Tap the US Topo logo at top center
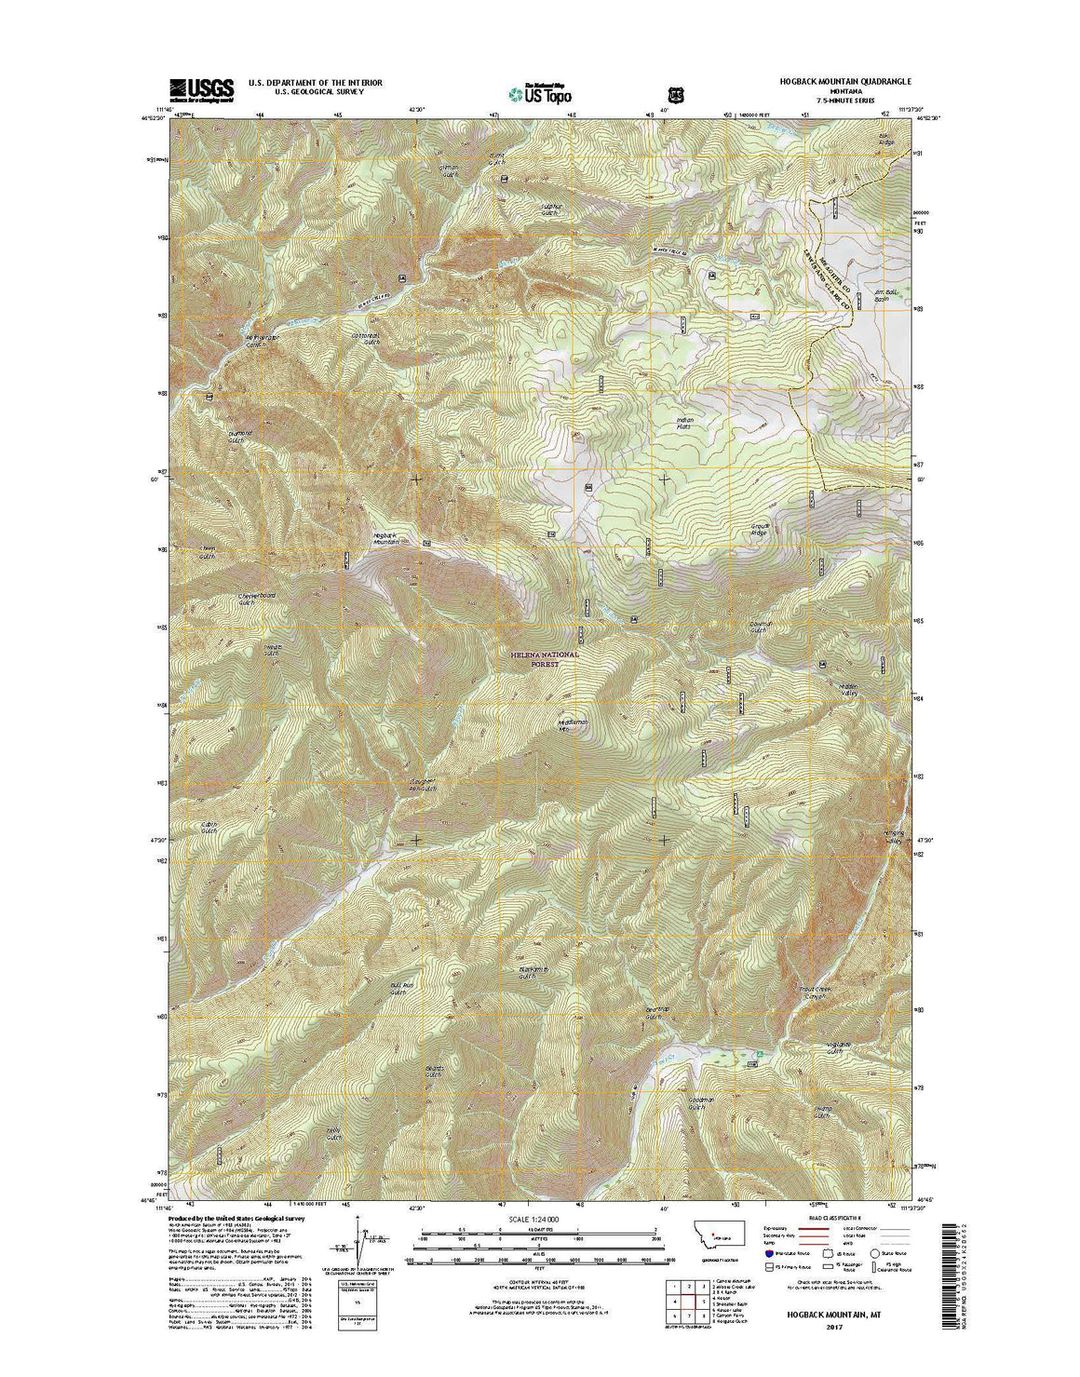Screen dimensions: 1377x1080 pyautogui.click(x=540, y=92)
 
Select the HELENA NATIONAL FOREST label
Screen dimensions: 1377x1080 pyautogui.click(x=545, y=659)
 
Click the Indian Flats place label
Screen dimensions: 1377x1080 pyautogui.click(x=685, y=425)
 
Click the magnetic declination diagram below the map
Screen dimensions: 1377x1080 pyautogui.click(x=354, y=1248)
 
